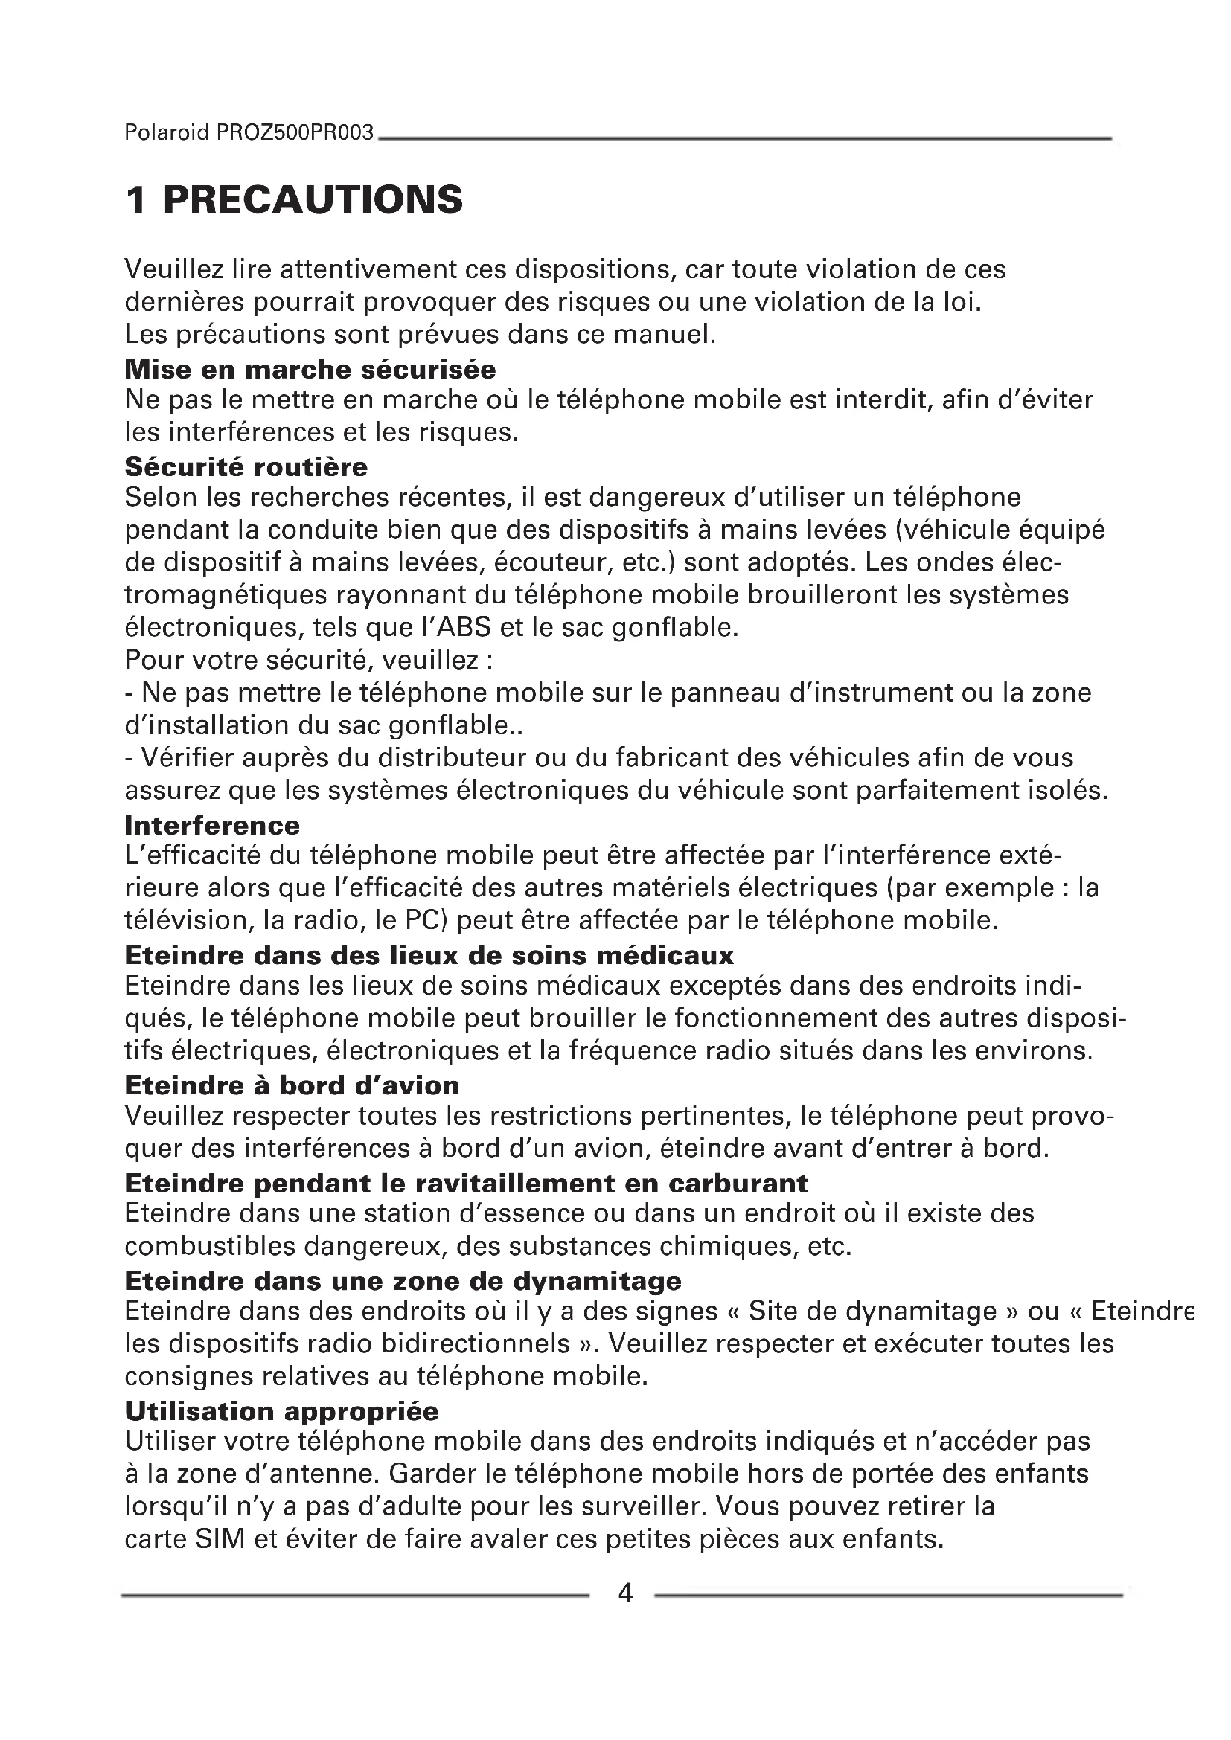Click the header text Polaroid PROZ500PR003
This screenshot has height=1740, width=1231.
coord(249,132)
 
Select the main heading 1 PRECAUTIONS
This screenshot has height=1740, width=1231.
coord(294,199)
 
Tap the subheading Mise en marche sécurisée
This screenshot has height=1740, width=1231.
coord(310,369)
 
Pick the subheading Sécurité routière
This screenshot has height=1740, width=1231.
coord(246,466)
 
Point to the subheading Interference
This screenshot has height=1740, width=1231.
coord(212,824)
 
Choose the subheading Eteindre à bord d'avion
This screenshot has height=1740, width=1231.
coord(292,1085)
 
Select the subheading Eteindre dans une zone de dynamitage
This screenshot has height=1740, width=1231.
coord(403,1281)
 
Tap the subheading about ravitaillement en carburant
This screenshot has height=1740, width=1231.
coord(466,1183)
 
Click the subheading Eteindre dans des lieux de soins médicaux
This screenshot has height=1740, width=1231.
coord(429,955)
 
